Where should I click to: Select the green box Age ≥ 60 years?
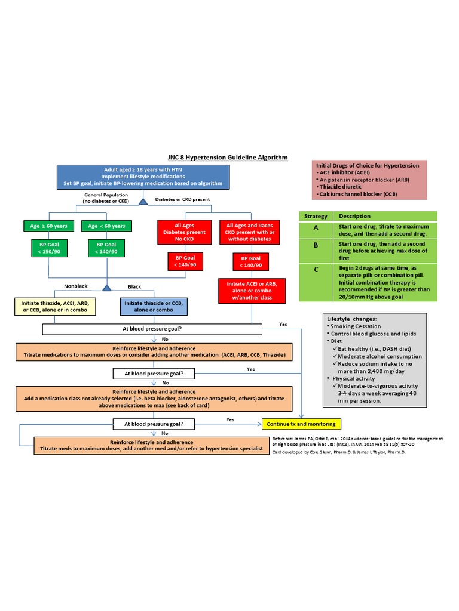pos(49,226)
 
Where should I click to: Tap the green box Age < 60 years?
pos(106,226)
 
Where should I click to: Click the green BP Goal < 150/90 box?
pos(49,248)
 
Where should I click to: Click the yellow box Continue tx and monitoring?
pos(301,424)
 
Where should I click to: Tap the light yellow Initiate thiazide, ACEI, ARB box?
pos(54,307)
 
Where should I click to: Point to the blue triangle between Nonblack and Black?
pos(106,288)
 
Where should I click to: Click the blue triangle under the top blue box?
pos(143,202)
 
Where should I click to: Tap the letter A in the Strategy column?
pos(316,227)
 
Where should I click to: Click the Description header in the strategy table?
pos(354,216)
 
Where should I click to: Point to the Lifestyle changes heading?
pos(351,319)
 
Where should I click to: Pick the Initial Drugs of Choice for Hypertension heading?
pos(367,165)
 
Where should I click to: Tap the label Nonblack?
pos(76,286)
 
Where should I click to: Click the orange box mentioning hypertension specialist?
pos(152,445)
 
